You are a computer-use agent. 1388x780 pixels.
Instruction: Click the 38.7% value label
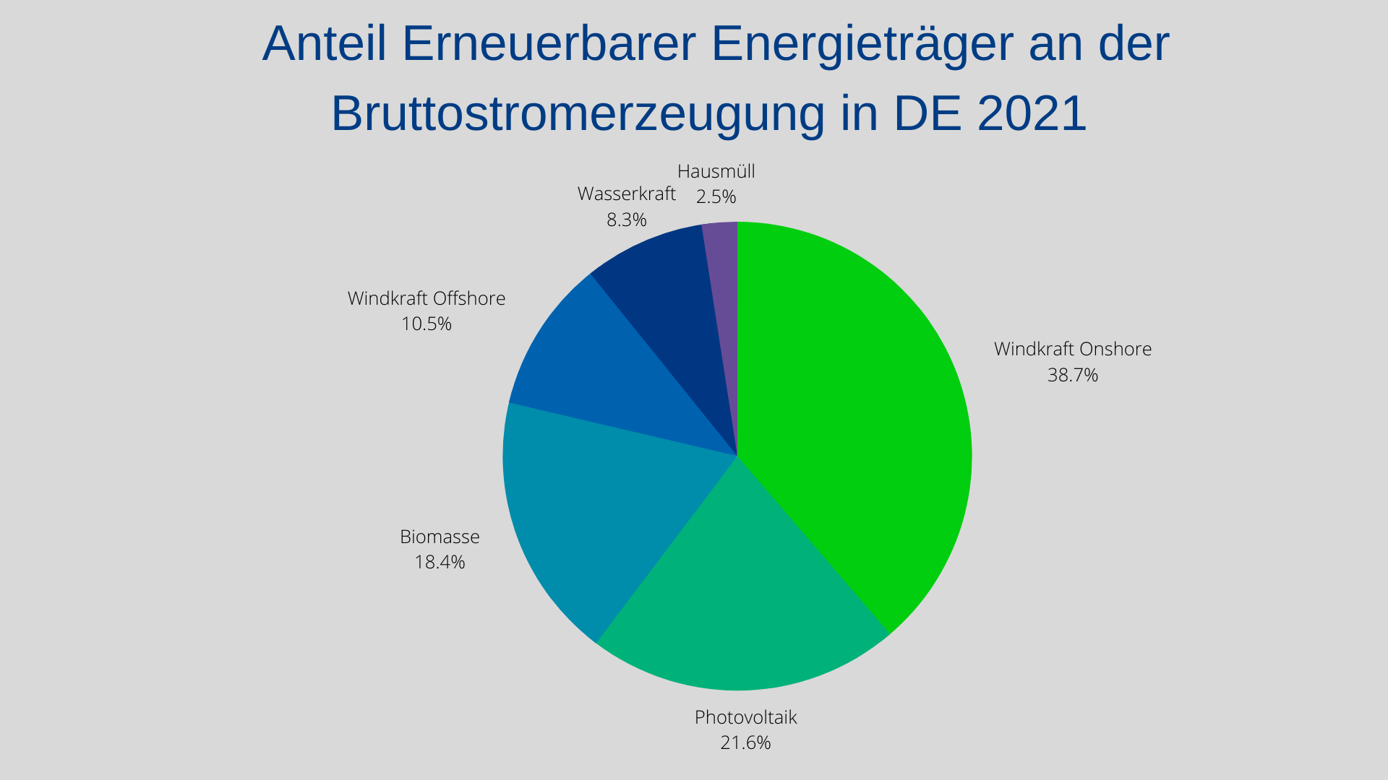tap(1073, 375)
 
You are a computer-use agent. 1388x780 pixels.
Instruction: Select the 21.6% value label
tap(745, 742)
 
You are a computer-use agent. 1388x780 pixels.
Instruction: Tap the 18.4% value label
tap(440, 562)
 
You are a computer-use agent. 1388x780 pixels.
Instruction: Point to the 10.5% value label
tap(427, 324)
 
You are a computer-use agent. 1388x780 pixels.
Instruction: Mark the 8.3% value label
tap(626, 220)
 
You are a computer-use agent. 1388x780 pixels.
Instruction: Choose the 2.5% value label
tap(716, 196)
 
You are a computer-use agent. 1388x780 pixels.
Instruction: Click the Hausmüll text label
tap(716, 171)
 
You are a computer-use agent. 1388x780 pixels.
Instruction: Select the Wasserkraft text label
tap(626, 194)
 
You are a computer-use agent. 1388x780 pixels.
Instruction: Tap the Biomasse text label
tap(440, 537)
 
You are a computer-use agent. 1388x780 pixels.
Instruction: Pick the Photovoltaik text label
tap(745, 717)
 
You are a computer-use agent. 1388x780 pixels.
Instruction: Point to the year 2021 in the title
tap(1032, 113)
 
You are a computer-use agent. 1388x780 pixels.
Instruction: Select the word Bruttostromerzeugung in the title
tap(578, 113)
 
